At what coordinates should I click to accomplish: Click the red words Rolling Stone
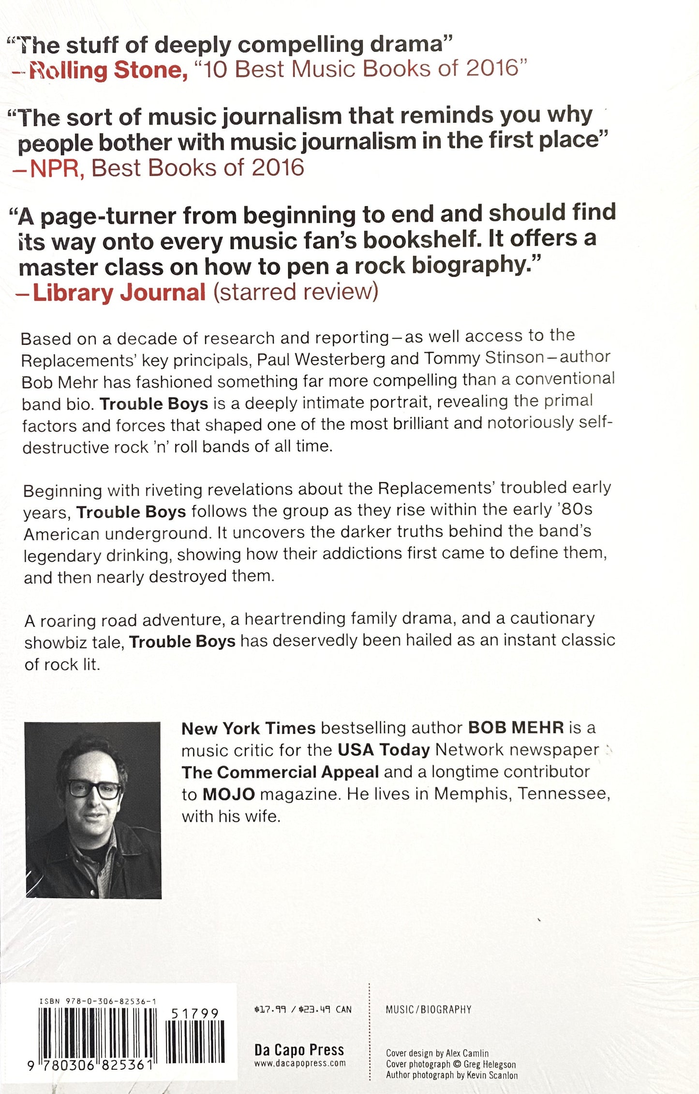point(107,71)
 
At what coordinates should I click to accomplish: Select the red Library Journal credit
point(119,293)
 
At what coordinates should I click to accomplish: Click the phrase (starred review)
point(296,292)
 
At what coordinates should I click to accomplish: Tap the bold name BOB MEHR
point(516,727)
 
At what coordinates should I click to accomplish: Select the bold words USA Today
point(384,750)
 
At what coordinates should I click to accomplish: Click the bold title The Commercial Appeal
point(280,772)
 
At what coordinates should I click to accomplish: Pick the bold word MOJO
point(229,794)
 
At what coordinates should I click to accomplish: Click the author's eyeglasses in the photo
point(94,789)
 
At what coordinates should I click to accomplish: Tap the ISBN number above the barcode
point(98,1001)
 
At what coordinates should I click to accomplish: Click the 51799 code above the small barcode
point(195,1013)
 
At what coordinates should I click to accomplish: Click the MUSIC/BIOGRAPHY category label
point(428,1009)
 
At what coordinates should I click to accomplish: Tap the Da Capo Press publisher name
point(299,1050)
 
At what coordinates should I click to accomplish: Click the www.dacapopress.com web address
point(300,1063)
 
